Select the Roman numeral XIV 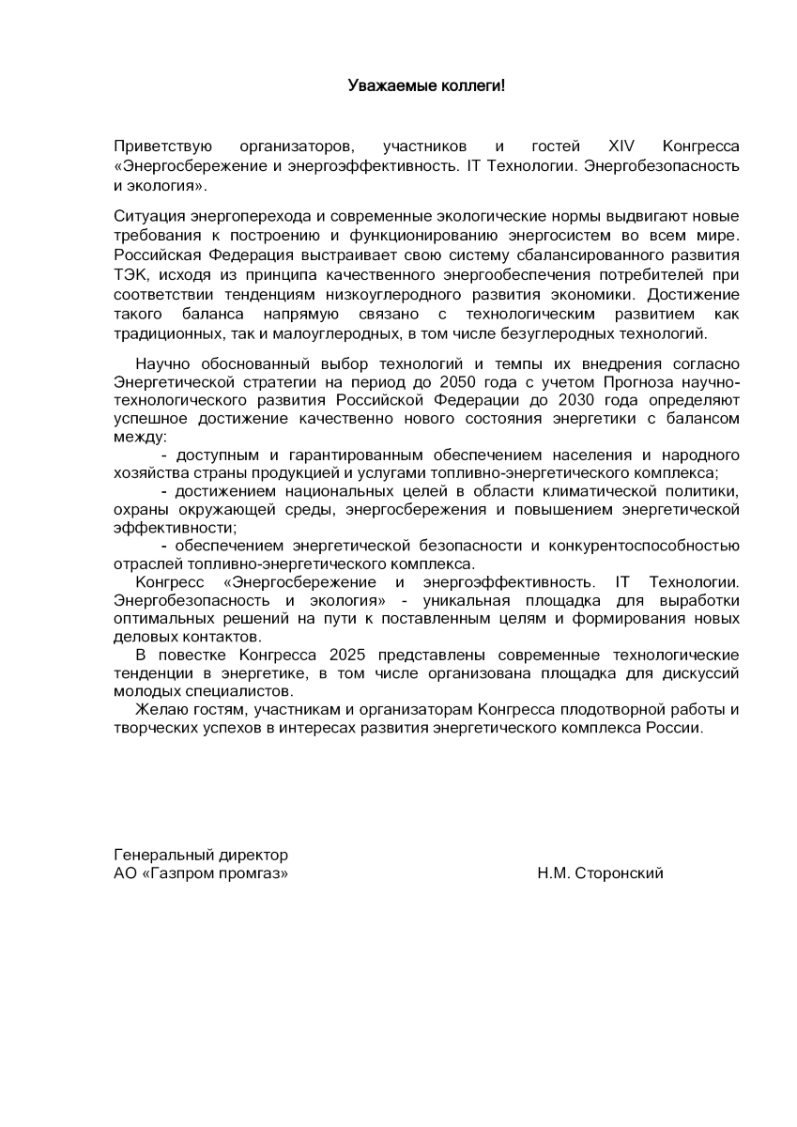621,147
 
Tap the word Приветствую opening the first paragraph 162,147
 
